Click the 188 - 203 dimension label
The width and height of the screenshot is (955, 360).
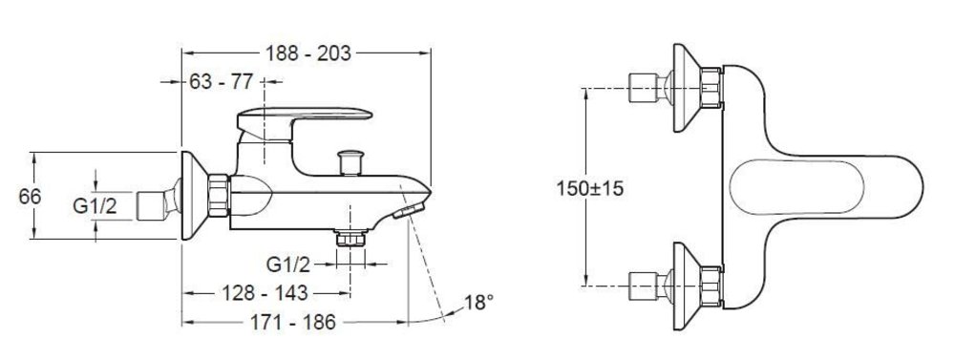click(308, 53)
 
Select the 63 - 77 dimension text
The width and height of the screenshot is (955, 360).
click(222, 81)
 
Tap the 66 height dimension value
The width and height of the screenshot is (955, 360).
click(30, 197)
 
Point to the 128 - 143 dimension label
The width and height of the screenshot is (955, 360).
click(264, 293)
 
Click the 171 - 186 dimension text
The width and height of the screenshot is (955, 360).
click(293, 322)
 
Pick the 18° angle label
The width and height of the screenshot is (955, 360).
click(478, 302)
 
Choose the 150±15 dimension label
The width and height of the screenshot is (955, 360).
click(589, 188)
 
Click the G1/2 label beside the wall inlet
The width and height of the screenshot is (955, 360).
click(95, 206)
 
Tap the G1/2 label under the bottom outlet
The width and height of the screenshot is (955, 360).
click(288, 265)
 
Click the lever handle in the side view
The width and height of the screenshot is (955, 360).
click(304, 123)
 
